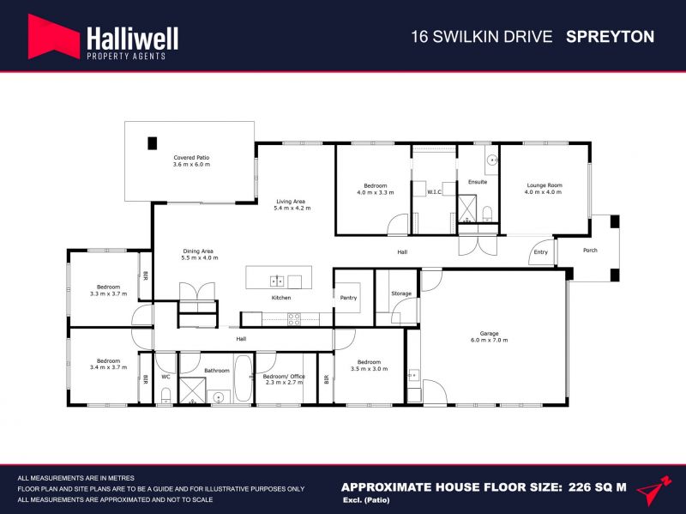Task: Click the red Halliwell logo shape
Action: pyautogui.click(x=53, y=37)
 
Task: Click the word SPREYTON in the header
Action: pyautogui.click(x=610, y=37)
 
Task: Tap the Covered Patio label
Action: pyautogui.click(x=191, y=161)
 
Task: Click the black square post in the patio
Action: pyautogui.click(x=152, y=143)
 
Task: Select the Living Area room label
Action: pyautogui.click(x=292, y=205)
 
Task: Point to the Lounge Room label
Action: pyautogui.click(x=544, y=189)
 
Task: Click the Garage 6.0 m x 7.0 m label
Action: pyautogui.click(x=489, y=336)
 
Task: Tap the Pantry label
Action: pyautogui.click(x=349, y=298)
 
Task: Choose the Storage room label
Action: pyautogui.click(x=401, y=293)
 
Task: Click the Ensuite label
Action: pyautogui.click(x=478, y=182)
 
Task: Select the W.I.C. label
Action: pyautogui.click(x=435, y=191)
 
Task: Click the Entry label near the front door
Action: pyautogui.click(x=541, y=252)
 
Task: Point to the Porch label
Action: pyautogui.click(x=590, y=251)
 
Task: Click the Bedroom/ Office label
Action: pyautogui.click(x=284, y=379)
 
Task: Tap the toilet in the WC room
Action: pyautogui.click(x=165, y=396)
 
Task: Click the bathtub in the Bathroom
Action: pyautogui.click(x=243, y=378)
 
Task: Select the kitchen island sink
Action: pyautogui.click(x=276, y=281)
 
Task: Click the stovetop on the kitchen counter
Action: pyautogui.click(x=294, y=319)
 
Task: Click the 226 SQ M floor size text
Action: pyautogui.click(x=598, y=487)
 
